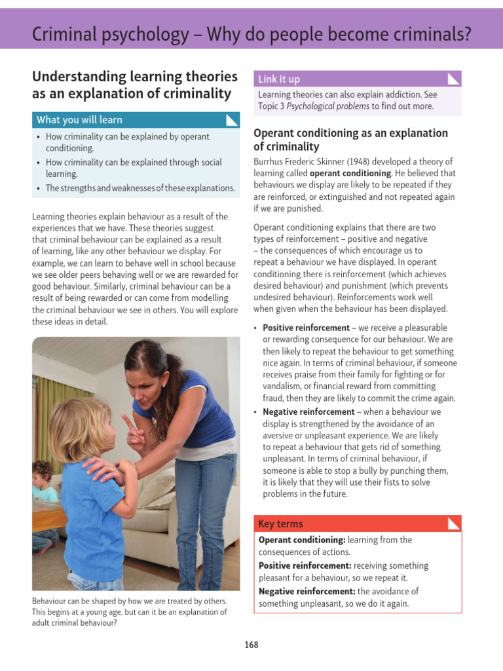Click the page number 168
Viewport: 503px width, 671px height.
[x=251, y=645]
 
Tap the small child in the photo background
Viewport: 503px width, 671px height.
[x=43, y=482]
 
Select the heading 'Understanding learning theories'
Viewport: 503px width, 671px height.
[x=135, y=77]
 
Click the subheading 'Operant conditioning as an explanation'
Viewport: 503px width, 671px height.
[x=350, y=133]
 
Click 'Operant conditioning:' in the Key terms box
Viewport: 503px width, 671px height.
[x=302, y=540]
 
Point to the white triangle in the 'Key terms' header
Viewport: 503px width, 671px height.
[x=453, y=523]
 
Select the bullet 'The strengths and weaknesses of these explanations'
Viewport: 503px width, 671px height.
[x=140, y=188]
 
